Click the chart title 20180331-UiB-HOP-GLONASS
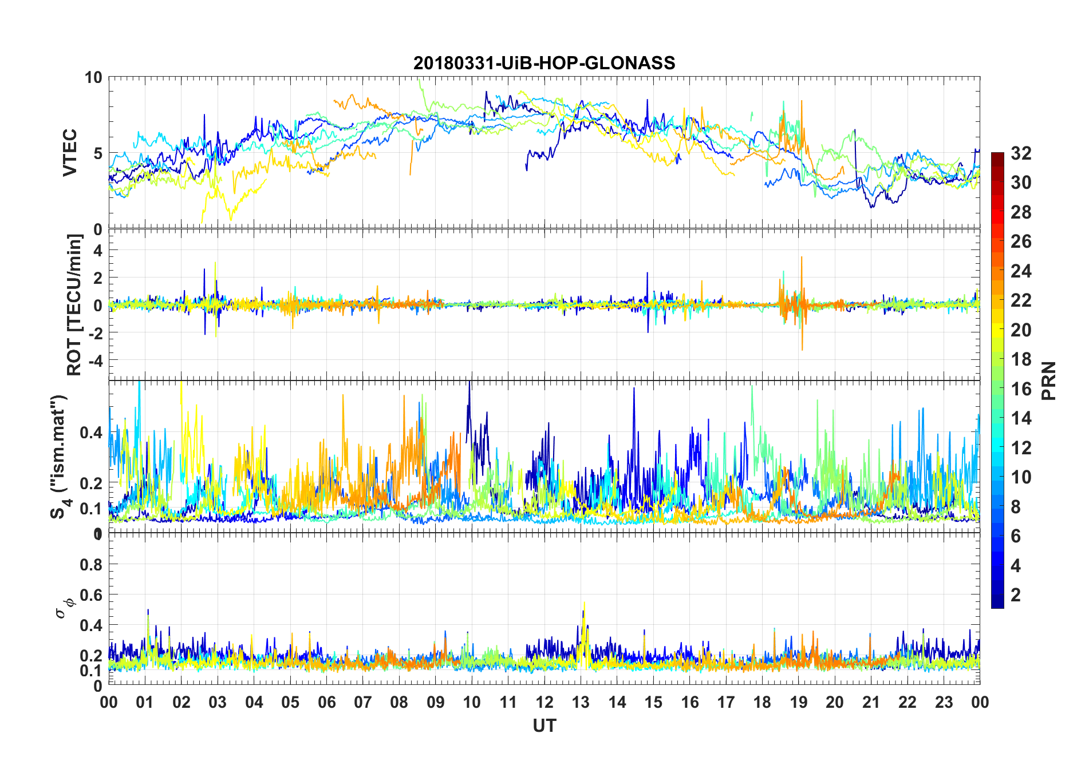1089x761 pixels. [544, 63]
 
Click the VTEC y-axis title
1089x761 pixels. [70, 153]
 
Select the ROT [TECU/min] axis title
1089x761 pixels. [74, 304]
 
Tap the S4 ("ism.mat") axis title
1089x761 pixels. [60, 457]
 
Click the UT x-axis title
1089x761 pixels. [544, 726]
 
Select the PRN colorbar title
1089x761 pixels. [1048, 380]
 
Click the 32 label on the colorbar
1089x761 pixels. [1021, 153]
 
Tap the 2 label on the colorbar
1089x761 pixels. [1016, 595]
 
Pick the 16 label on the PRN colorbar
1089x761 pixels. [1021, 389]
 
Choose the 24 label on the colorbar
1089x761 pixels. [1021, 271]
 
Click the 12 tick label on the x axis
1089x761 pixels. [544, 702]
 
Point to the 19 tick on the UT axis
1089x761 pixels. [799, 702]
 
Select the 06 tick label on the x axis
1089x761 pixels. [326, 702]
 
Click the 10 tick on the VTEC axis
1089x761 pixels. [93, 78]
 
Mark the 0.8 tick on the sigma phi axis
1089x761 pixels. [91, 565]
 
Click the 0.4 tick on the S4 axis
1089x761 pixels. [91, 433]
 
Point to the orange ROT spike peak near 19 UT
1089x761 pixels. [802, 257]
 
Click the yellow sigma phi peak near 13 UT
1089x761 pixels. [584, 603]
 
